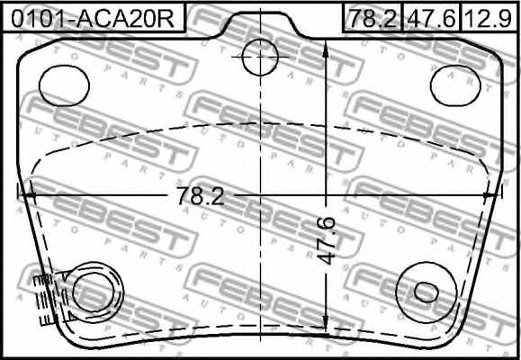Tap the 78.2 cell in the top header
372,16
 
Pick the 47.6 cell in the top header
430,16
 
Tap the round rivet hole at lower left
94,292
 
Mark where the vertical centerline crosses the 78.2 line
261,192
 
